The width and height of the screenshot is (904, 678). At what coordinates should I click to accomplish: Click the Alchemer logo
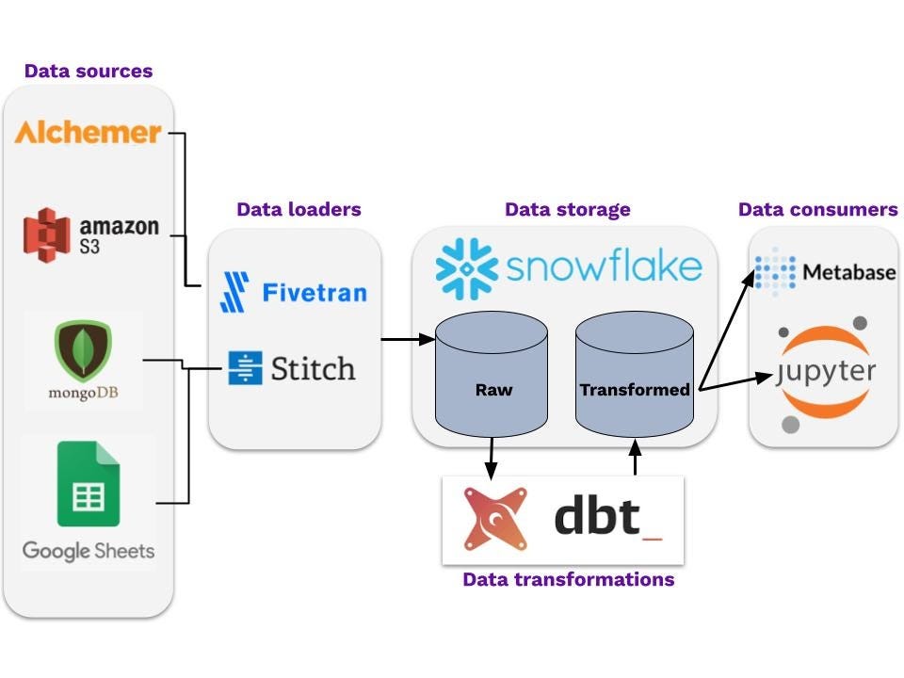(88, 132)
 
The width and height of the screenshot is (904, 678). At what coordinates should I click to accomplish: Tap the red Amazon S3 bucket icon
(47, 233)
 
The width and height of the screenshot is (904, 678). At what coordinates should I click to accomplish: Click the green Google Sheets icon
(88, 482)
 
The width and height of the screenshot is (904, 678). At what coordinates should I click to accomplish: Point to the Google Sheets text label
(88, 550)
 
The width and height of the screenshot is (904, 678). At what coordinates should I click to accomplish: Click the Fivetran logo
(293, 291)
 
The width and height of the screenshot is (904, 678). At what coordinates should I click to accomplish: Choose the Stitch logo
(293, 367)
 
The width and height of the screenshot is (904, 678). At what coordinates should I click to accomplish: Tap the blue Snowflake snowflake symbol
(465, 267)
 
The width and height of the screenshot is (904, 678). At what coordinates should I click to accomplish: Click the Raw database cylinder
(491, 378)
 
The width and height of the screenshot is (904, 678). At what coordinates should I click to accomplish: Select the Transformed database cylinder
(634, 378)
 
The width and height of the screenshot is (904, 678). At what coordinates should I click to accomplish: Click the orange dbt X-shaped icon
(495, 519)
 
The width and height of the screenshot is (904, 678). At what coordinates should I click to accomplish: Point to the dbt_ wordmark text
(606, 517)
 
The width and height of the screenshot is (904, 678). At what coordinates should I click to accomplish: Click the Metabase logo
(825, 272)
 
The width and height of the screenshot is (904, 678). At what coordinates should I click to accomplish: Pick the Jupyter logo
(825, 372)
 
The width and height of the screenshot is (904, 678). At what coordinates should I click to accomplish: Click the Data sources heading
(89, 71)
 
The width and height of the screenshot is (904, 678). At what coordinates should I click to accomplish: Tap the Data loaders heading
(299, 209)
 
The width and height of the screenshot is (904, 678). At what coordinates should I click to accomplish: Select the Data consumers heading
(817, 209)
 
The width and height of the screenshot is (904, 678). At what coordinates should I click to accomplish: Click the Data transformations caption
(568, 579)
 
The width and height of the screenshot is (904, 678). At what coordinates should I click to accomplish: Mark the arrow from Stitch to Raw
(408, 337)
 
